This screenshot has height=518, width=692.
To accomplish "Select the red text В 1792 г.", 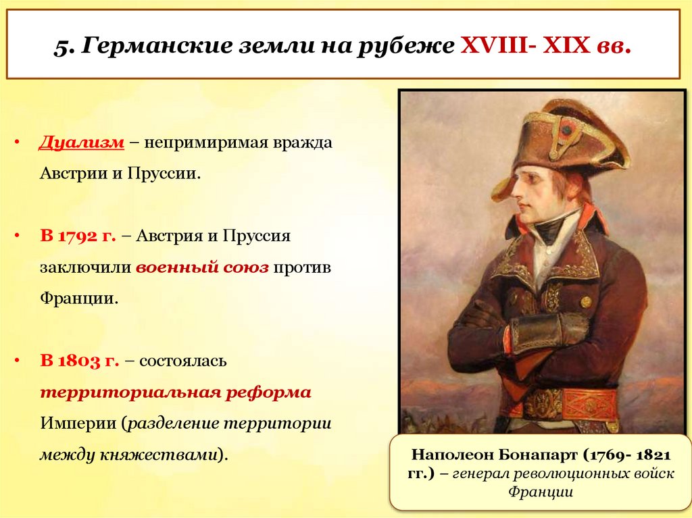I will [x=78, y=237].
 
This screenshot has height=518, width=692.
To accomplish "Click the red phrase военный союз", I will [x=203, y=267].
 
